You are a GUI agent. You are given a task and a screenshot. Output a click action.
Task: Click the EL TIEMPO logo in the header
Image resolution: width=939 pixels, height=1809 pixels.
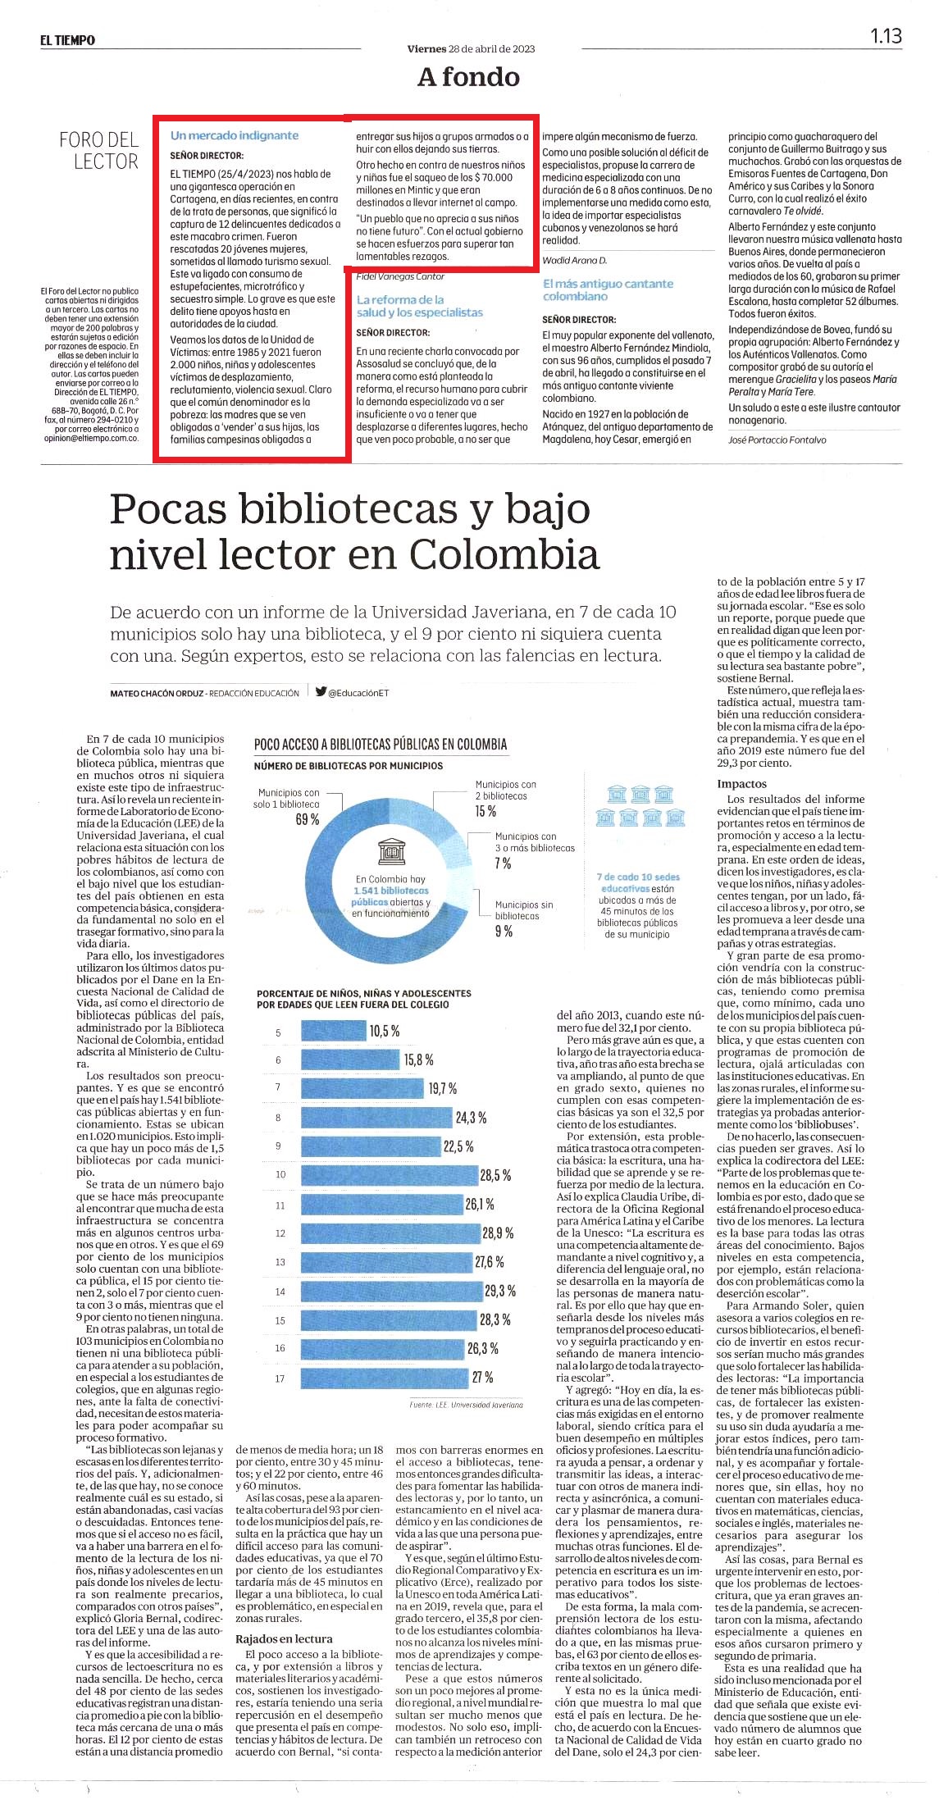[x=67, y=40]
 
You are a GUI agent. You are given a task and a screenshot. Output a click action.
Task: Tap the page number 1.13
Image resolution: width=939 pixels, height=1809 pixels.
[x=886, y=36]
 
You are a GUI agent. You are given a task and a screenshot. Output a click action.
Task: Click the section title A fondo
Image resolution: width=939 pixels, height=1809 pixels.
[x=468, y=77]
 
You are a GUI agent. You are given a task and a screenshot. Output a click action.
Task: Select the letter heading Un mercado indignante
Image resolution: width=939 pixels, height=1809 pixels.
[x=235, y=135]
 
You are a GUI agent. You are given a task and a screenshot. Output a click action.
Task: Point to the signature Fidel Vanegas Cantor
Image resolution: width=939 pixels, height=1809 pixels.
[x=400, y=276]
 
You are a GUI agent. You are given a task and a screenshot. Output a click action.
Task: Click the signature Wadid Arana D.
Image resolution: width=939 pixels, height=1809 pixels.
[x=575, y=260]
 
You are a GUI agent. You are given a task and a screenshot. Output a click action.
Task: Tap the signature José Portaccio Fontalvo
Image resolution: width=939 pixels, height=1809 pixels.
[x=777, y=440]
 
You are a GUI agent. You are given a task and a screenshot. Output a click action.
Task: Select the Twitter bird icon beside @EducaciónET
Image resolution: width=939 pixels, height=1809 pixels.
[x=321, y=691]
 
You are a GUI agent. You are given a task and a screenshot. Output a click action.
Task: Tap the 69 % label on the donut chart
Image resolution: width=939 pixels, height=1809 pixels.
[x=308, y=819]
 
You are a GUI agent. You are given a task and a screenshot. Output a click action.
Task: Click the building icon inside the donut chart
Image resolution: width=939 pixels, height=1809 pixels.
[x=391, y=853]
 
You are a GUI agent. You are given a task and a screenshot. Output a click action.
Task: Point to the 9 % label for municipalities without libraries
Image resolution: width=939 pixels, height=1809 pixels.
[x=504, y=931]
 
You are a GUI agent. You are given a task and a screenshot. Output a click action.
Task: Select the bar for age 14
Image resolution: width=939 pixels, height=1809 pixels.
[x=391, y=1291]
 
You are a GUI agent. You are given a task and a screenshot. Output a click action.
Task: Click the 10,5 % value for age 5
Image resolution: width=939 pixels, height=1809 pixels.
[x=385, y=1031]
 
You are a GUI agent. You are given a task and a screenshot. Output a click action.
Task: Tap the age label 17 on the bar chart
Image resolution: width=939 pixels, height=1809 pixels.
[x=280, y=1378]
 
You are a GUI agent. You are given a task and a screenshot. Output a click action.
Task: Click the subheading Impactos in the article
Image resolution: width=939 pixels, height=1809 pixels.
[x=742, y=784]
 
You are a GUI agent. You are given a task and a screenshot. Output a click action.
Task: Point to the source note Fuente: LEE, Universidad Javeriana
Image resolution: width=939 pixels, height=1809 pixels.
[x=466, y=1405]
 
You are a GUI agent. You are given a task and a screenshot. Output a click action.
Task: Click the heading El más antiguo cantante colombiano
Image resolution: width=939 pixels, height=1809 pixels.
[x=608, y=289]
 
